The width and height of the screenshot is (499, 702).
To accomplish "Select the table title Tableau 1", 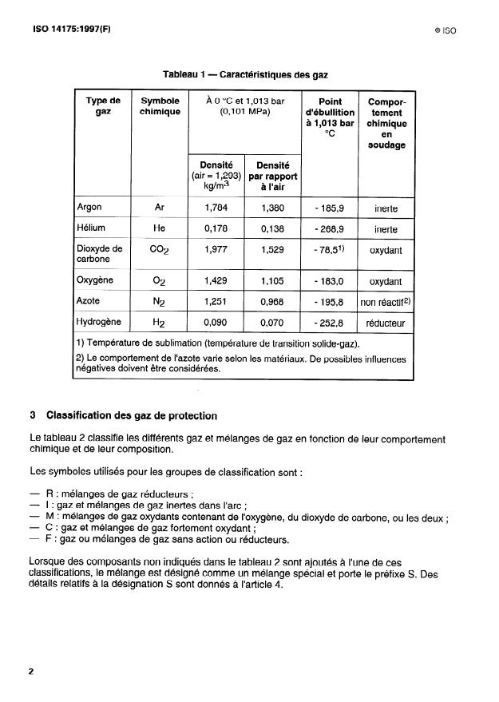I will [x=245, y=74].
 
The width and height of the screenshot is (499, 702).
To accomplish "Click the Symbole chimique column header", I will [x=160, y=106].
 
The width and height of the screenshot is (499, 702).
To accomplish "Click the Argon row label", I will [x=89, y=208].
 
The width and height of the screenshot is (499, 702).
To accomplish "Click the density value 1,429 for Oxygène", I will [x=216, y=281].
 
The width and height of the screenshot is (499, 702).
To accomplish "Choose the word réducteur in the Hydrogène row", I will [x=387, y=323].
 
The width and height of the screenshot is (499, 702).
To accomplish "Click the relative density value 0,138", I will [x=273, y=229].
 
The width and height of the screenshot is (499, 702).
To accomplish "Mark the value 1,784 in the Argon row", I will [x=216, y=208].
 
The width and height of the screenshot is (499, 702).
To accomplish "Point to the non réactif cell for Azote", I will [x=386, y=302].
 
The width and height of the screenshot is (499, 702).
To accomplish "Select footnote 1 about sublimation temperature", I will [x=217, y=343].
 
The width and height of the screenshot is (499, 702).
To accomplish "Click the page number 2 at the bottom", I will [x=31, y=672].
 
